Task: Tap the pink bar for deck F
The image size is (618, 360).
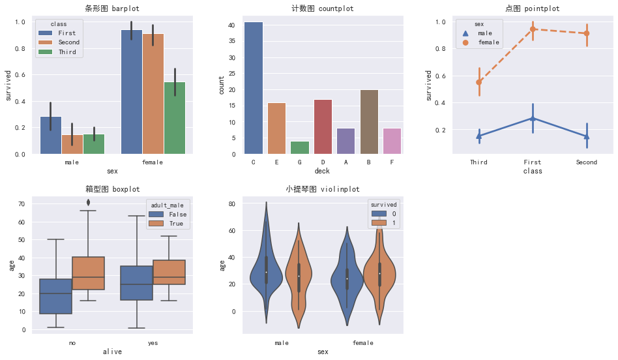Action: point(392,142)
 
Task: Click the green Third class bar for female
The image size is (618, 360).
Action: point(174,118)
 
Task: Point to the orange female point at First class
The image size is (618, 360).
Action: point(533,29)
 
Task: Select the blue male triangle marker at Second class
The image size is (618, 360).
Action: point(587,137)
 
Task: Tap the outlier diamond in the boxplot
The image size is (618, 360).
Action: point(89,202)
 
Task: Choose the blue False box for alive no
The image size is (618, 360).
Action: point(55,296)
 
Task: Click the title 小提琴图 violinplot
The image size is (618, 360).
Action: point(322,189)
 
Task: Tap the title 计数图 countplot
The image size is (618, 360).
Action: point(322,8)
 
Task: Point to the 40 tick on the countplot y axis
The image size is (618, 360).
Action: point(231,25)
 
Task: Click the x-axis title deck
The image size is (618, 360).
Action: point(322,171)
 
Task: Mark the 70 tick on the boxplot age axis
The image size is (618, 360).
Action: point(22,204)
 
